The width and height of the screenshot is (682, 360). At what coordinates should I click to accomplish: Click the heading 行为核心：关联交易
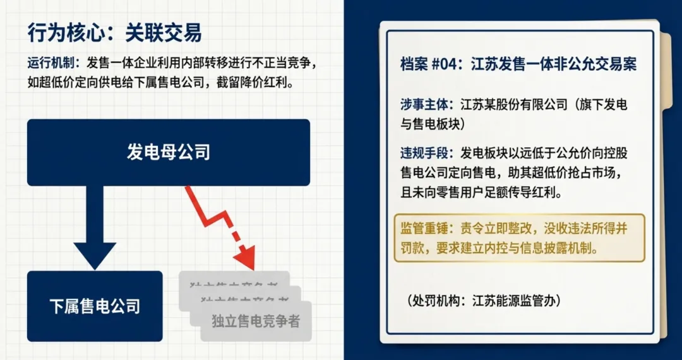(x=114, y=33)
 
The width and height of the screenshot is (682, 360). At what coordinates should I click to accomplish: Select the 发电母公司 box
(x=168, y=152)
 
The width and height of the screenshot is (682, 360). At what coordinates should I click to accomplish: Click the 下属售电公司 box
(x=95, y=306)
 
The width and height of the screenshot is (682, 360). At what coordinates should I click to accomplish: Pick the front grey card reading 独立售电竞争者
(x=256, y=321)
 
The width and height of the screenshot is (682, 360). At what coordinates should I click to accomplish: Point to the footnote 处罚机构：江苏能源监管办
(x=484, y=300)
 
